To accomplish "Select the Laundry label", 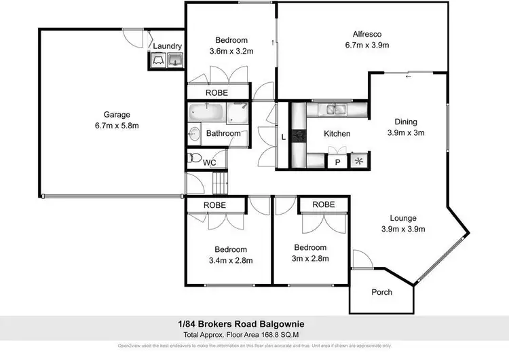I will click(x=167, y=46).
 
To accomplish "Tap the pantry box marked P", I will click(x=337, y=162).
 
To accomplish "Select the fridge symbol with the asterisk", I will click(x=358, y=162).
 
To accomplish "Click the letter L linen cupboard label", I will click(x=283, y=139).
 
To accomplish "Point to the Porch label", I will click(x=382, y=292).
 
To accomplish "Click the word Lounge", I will click(x=402, y=218).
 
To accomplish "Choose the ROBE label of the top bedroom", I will click(x=217, y=92).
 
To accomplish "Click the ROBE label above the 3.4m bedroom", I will click(x=216, y=204).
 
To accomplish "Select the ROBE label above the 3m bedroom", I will click(x=324, y=204).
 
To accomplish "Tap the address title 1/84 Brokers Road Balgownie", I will click(x=254, y=325).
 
